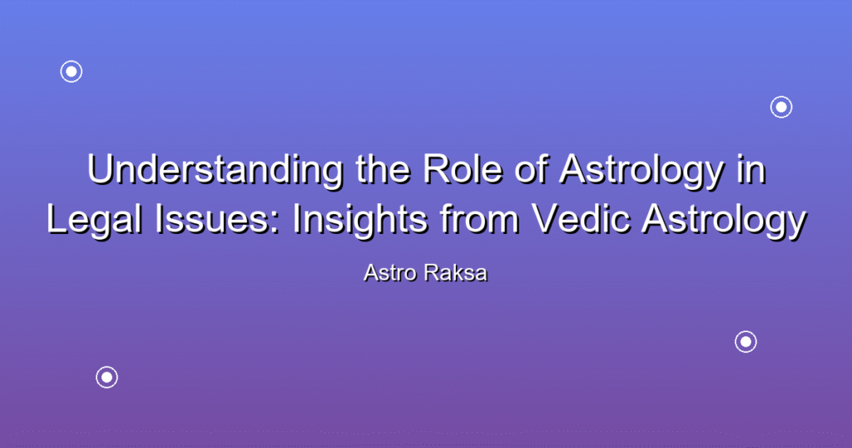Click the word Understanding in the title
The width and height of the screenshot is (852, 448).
(215, 170)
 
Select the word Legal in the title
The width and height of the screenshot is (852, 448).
(95, 221)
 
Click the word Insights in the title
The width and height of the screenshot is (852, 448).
(360, 221)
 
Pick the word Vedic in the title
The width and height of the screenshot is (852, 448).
(581, 220)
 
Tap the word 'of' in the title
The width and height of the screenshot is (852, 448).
(530, 170)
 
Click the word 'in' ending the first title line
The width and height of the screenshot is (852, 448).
(751, 170)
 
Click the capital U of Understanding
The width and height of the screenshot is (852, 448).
(100, 170)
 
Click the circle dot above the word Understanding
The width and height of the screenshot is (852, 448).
(72, 72)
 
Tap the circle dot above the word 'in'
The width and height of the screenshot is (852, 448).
(781, 107)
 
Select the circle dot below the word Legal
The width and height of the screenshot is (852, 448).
(107, 377)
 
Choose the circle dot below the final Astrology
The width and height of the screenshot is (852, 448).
(746, 342)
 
